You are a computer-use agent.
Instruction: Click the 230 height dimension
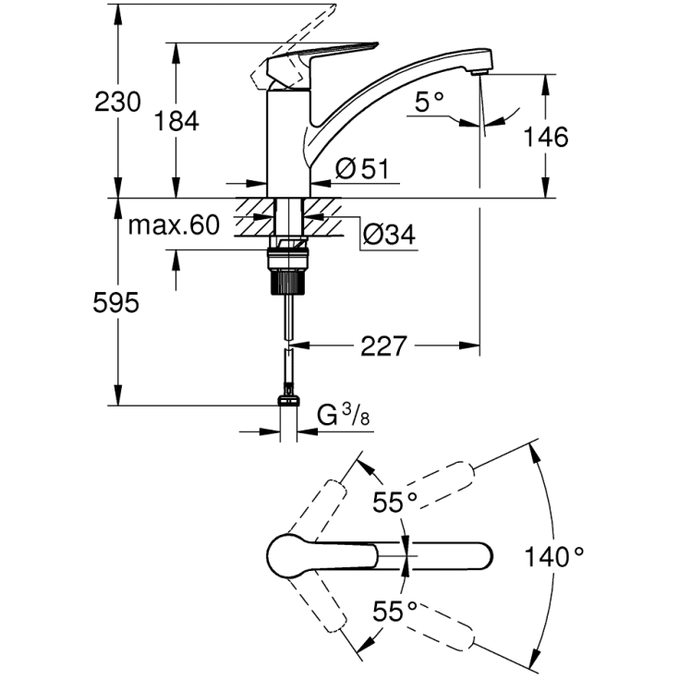tap(117, 102)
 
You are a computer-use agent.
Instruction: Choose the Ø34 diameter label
tap(388, 236)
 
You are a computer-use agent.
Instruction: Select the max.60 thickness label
tap(174, 224)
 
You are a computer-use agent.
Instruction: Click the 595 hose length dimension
tap(116, 302)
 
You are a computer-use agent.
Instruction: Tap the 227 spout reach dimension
tap(382, 346)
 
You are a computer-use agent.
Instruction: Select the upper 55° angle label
tap(395, 503)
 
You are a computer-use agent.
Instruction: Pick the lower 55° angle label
tap(395, 611)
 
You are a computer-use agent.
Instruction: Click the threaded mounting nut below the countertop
tap(290, 265)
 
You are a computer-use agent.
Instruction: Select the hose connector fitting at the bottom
tap(289, 399)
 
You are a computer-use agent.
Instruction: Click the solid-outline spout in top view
tap(434, 556)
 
